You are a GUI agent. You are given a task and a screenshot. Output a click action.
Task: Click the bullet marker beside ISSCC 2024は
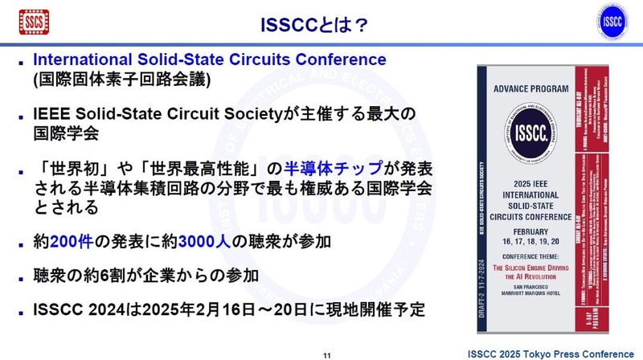point(19,310)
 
